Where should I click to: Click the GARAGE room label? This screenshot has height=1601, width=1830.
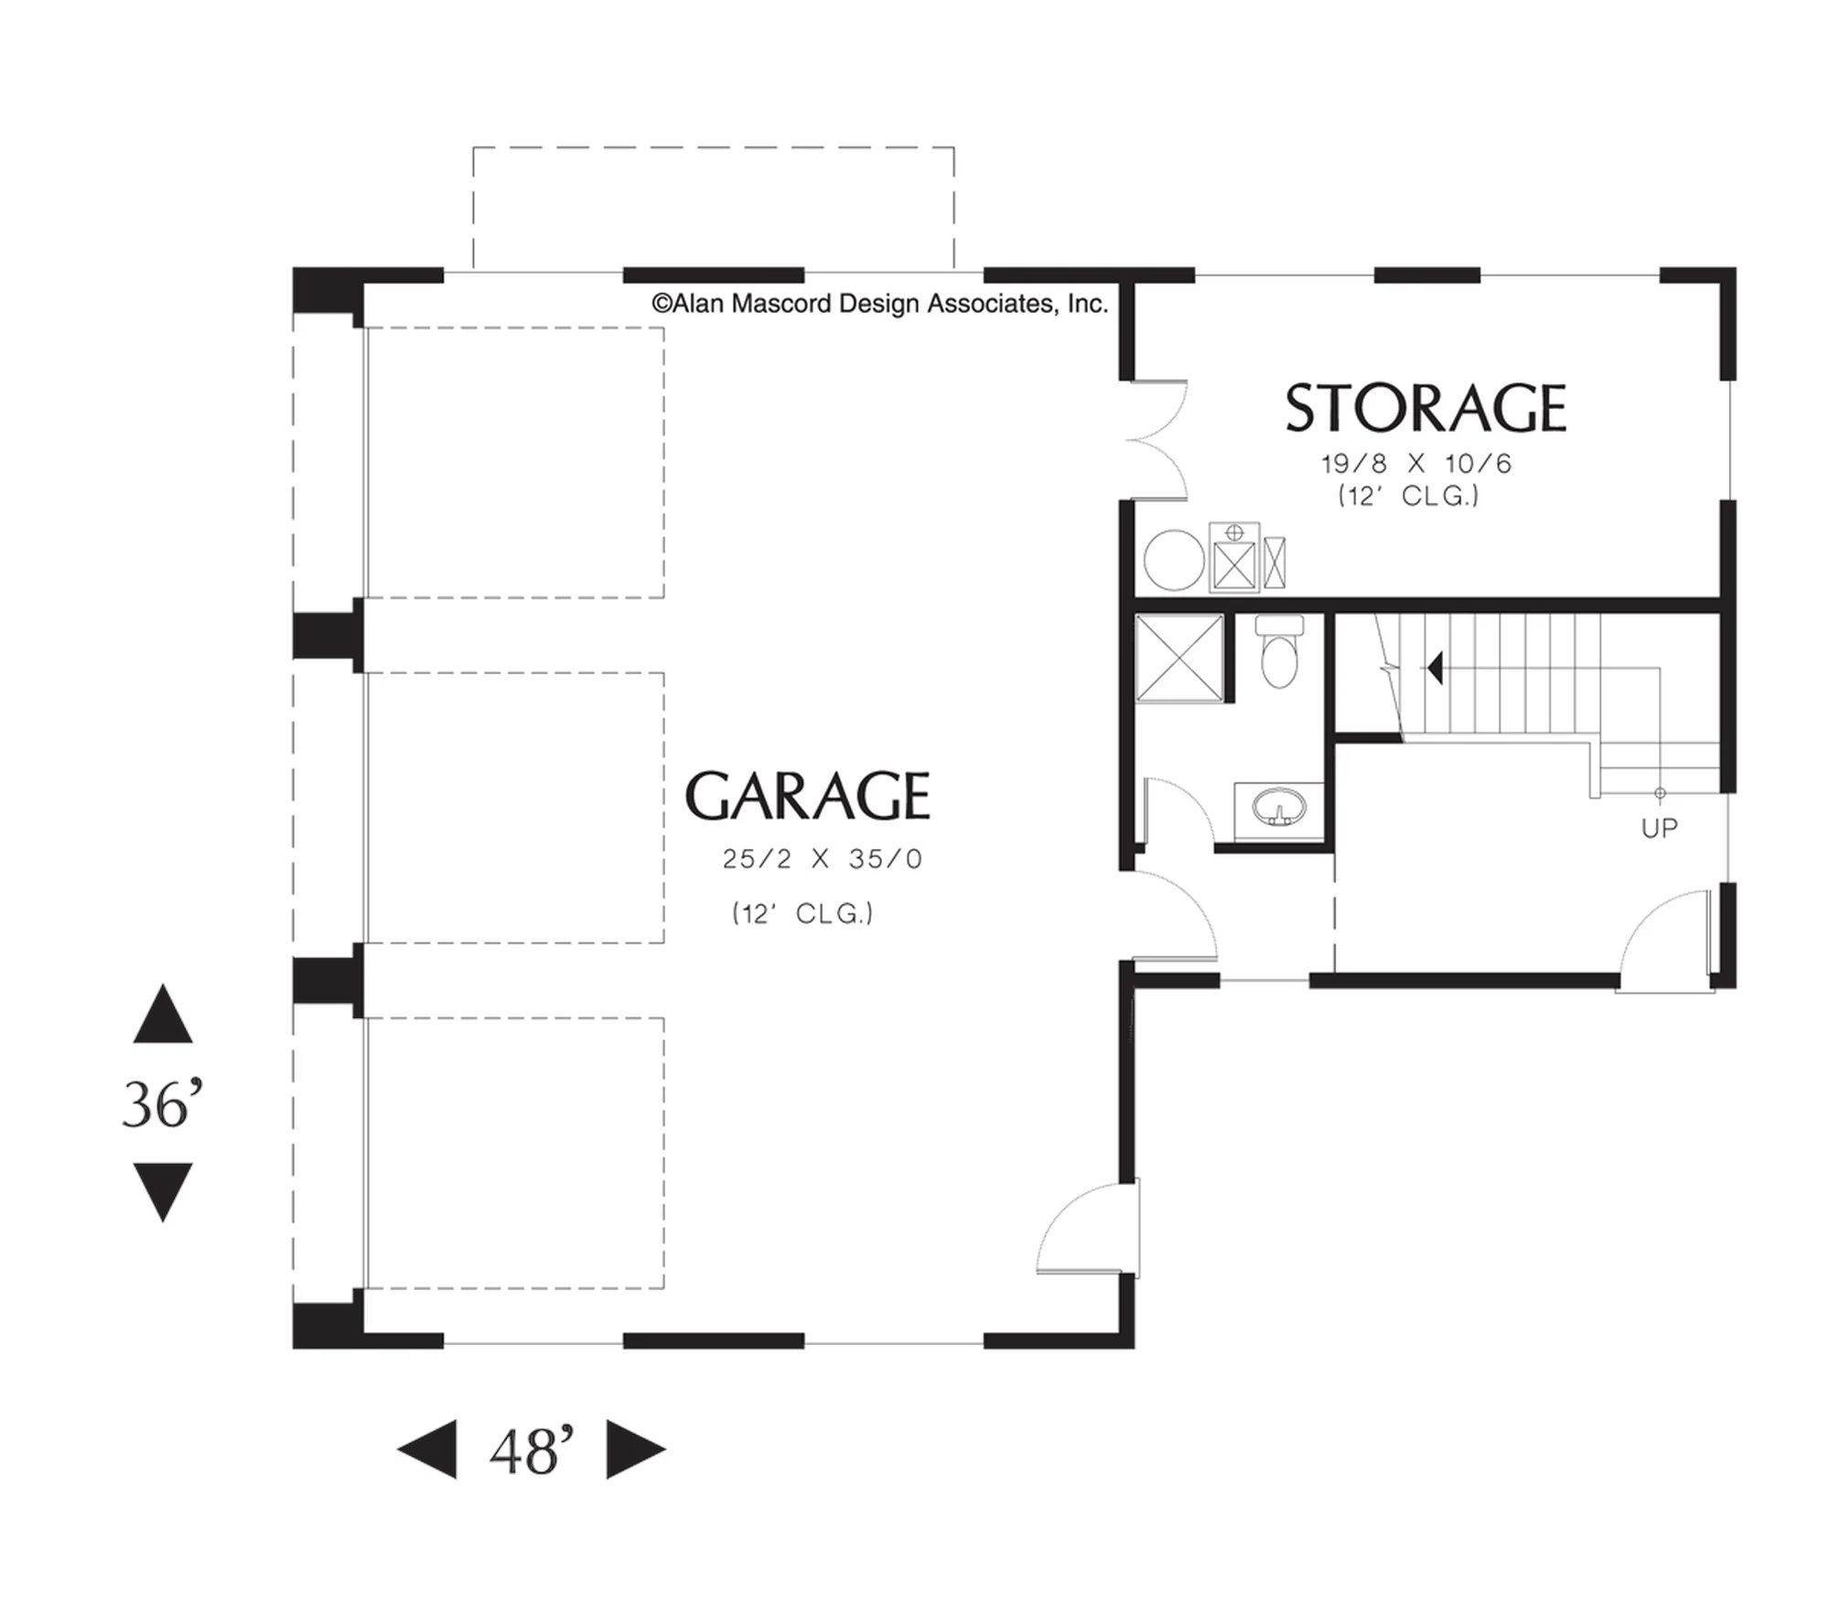coord(807,796)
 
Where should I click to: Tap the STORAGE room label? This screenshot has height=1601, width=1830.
coord(1426,408)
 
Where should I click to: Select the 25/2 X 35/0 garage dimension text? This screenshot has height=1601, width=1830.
coord(823,859)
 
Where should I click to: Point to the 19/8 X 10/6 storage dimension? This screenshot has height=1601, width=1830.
coord(1416,464)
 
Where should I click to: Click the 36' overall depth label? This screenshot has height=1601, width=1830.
coord(162,1105)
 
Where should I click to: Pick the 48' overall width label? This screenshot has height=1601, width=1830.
coord(532,1450)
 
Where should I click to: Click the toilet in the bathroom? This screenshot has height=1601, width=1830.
coord(1279,651)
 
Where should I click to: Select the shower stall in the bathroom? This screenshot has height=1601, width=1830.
coord(1179,659)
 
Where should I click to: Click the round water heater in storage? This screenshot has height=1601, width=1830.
coord(1174,560)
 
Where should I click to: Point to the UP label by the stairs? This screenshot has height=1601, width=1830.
coord(1659,828)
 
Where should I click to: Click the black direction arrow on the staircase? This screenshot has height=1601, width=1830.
coord(1435,668)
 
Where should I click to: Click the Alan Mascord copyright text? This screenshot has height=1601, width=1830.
coord(879,304)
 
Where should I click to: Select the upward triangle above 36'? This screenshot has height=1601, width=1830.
coord(163,1014)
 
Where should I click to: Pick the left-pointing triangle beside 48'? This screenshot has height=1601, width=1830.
coord(426,1449)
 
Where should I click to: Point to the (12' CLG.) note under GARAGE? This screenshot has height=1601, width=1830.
coord(802,914)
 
